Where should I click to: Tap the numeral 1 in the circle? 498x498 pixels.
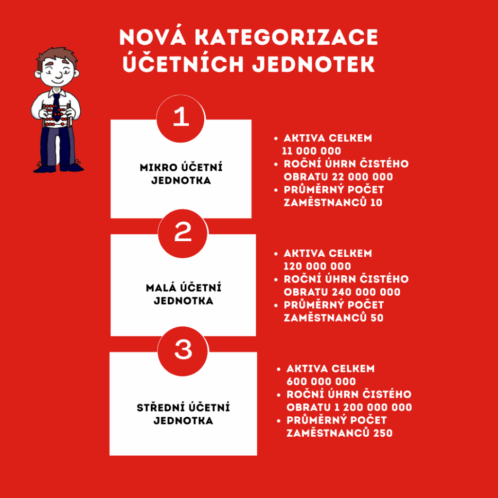[181, 118]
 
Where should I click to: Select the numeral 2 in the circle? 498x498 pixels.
[183, 233]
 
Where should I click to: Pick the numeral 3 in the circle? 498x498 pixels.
[183, 350]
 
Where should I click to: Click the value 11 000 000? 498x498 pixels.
[312, 151]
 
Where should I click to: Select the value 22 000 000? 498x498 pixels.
[359, 177]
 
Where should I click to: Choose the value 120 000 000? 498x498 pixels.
[317, 266]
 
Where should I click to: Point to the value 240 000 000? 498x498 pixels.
[363, 292]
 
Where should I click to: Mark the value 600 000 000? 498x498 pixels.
[321, 382]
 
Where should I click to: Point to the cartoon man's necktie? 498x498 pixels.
[57, 104]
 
